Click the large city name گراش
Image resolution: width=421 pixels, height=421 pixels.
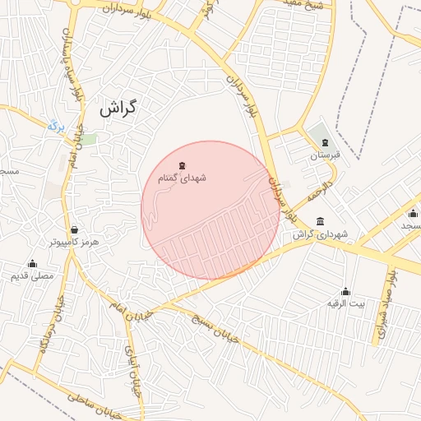(118, 107)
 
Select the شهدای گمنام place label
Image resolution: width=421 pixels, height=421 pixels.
(182, 178)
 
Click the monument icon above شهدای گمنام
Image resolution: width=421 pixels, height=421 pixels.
(182, 165)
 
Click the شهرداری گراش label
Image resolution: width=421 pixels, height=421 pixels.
(322, 234)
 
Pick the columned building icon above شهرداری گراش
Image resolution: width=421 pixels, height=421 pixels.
(320, 221)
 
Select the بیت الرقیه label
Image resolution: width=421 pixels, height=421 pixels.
(346, 303)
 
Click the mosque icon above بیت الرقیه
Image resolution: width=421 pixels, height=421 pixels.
(345, 291)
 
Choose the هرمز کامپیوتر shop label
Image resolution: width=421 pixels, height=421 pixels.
(74, 243)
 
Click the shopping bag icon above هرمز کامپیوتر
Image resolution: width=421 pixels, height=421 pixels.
(75, 230)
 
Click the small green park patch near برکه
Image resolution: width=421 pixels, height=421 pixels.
(87, 139)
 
